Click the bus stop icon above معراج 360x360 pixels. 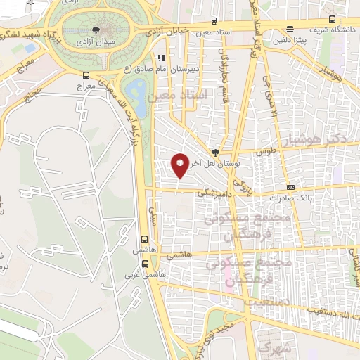[x=86, y=75]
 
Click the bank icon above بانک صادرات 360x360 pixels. [x=291, y=188]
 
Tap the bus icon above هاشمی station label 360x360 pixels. [x=145, y=239]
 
